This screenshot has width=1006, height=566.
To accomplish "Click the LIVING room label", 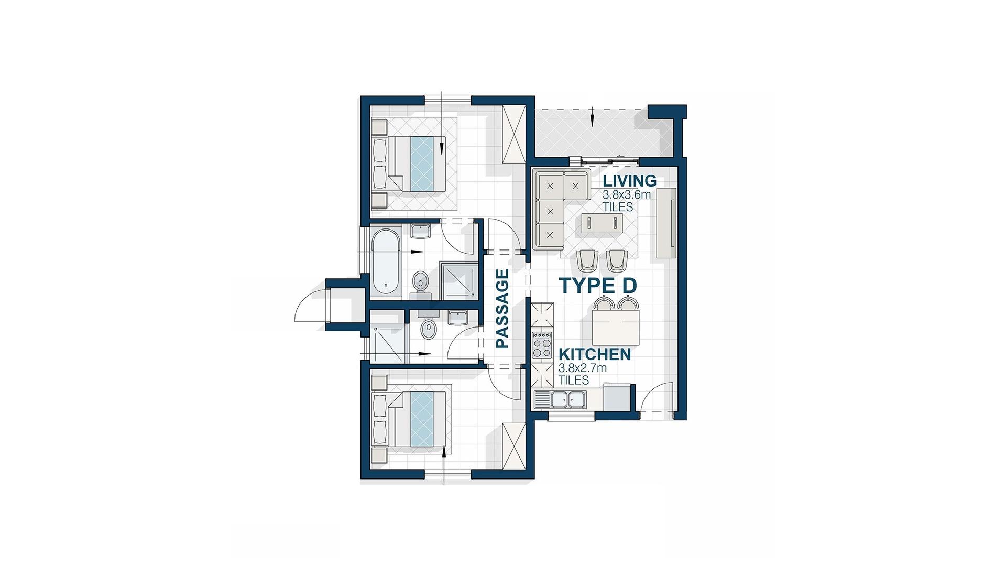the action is [629, 181].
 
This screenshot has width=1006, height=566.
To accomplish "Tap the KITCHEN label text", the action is [595, 355].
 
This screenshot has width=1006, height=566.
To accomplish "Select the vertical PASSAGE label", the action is [502, 309].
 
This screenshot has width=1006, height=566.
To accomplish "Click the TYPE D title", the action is [598, 286].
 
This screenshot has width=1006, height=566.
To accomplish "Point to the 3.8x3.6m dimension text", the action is [627, 195].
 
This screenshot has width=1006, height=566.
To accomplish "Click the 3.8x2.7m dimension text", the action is [583, 368].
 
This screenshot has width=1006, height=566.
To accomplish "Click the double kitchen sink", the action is [567, 400].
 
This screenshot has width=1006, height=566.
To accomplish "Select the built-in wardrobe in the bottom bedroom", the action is [513, 447].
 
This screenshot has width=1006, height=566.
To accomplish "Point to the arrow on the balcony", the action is [593, 117].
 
